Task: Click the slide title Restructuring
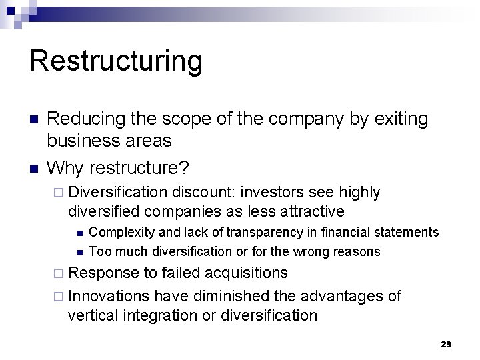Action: pos(115,61)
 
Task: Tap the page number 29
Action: pos(446,344)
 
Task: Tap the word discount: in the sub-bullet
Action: pos(204,193)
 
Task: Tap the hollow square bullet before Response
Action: pos(60,273)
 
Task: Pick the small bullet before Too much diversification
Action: pos(79,252)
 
